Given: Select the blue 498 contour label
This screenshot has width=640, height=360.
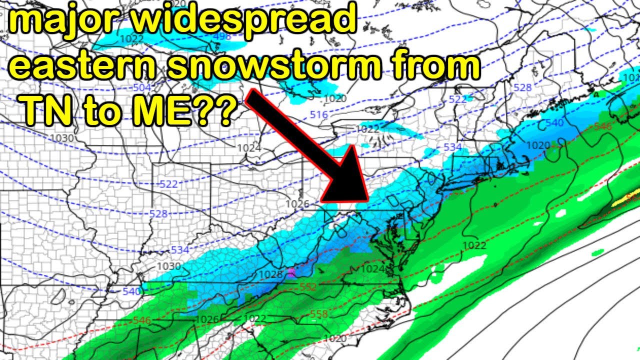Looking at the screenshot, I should [221, 37].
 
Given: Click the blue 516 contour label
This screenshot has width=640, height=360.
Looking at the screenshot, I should [319, 115].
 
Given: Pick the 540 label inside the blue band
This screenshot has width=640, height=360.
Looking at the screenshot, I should [554, 122].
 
